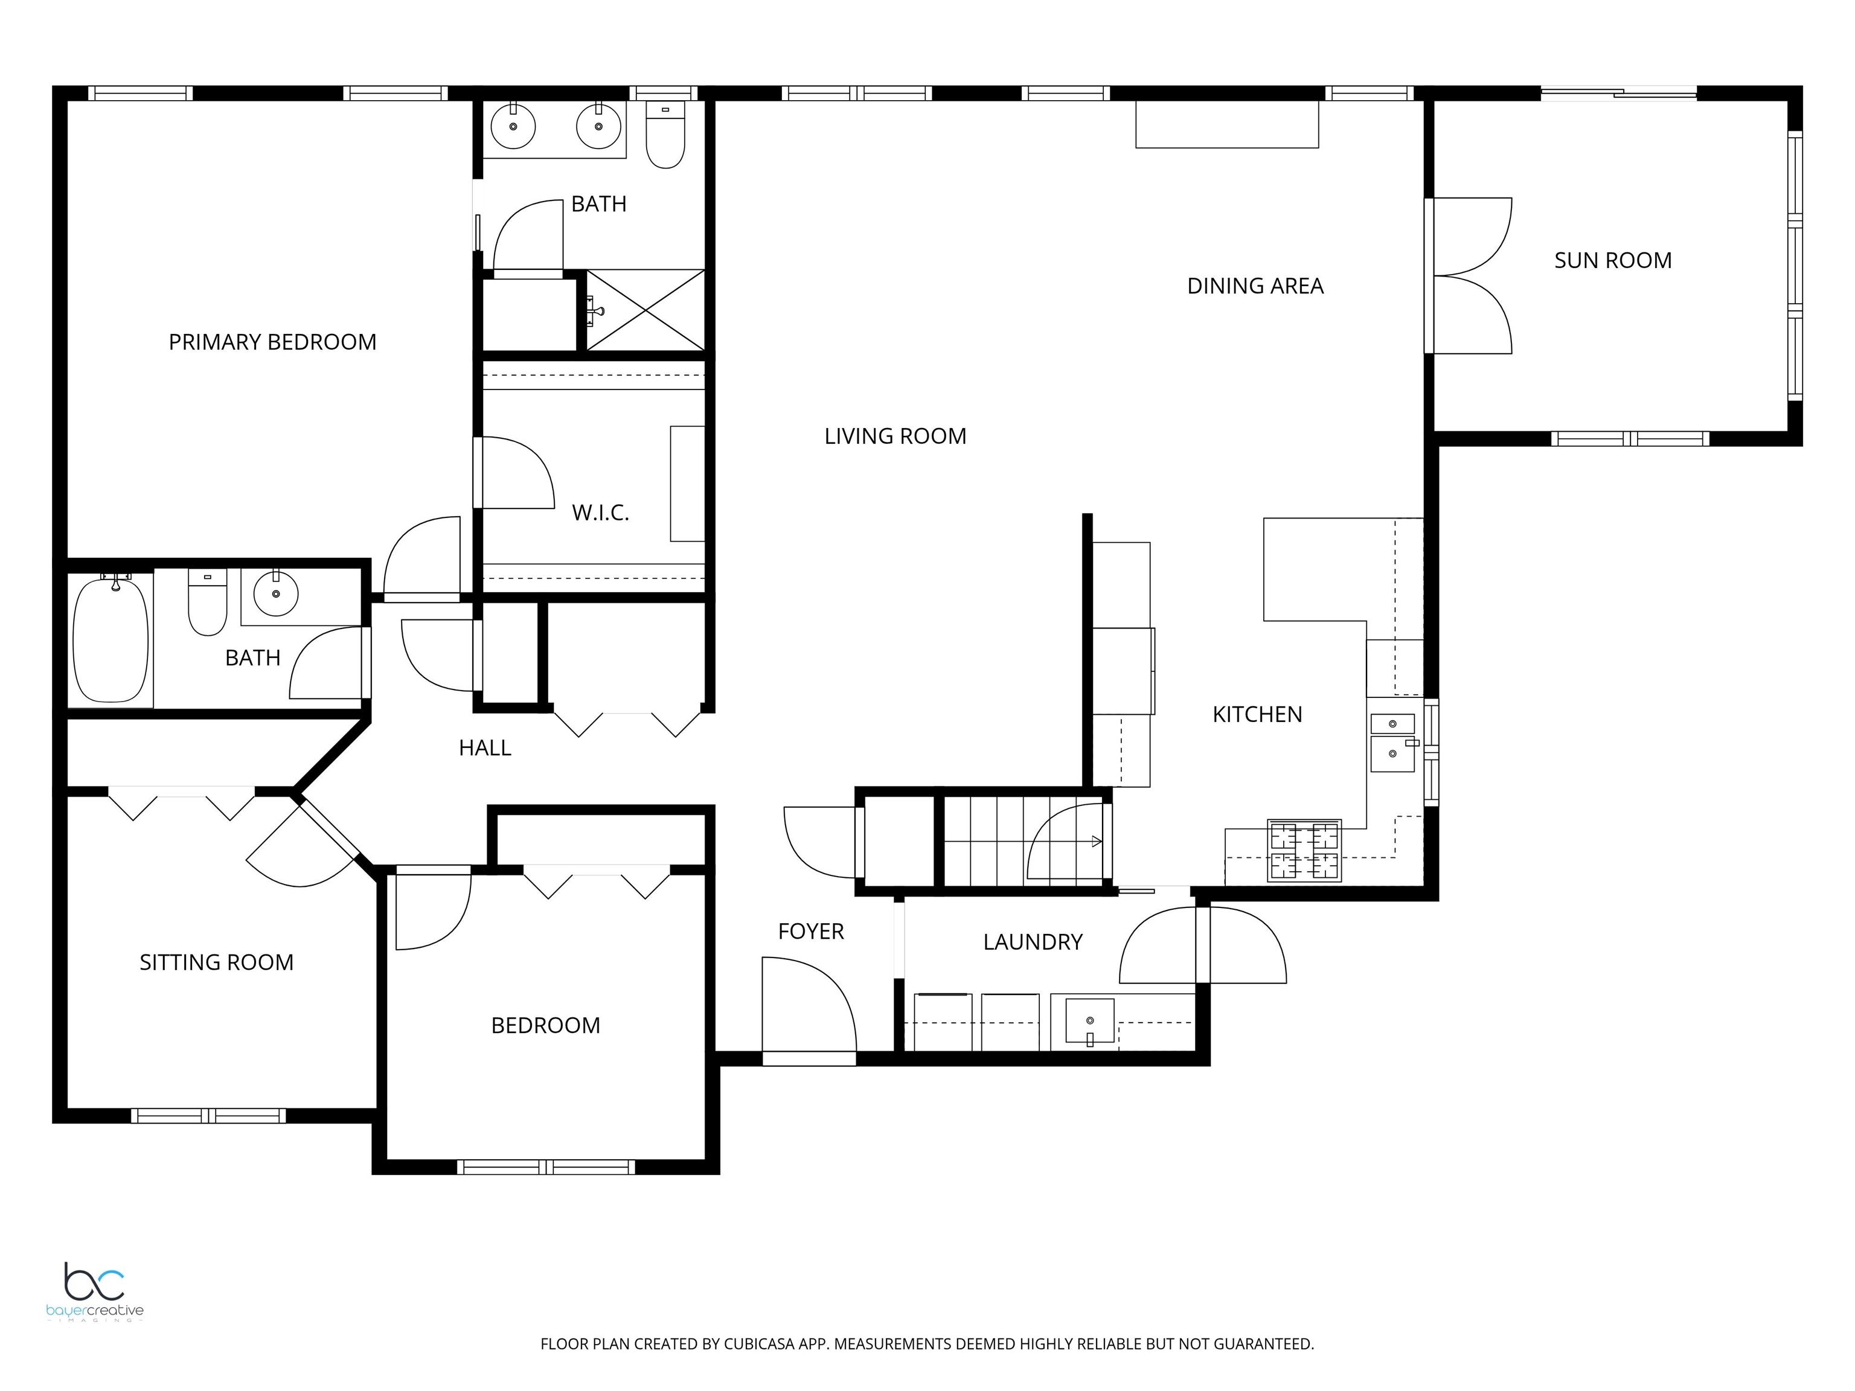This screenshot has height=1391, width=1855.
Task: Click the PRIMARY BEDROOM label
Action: click(x=272, y=342)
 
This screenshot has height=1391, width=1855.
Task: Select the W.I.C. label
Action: click(x=600, y=513)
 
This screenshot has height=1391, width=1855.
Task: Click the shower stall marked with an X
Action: click(x=645, y=310)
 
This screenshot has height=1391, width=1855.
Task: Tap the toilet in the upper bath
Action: click(x=666, y=136)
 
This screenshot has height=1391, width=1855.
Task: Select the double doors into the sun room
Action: click(x=1467, y=276)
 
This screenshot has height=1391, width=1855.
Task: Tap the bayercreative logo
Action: click(x=95, y=1292)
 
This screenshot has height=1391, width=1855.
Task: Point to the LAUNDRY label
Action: click(x=1033, y=942)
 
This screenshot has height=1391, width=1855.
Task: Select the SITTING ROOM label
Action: click(x=216, y=962)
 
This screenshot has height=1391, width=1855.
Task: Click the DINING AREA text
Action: click(x=1255, y=287)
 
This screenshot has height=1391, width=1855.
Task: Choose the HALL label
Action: click(x=485, y=748)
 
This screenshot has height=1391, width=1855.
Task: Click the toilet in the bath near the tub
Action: click(x=207, y=602)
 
